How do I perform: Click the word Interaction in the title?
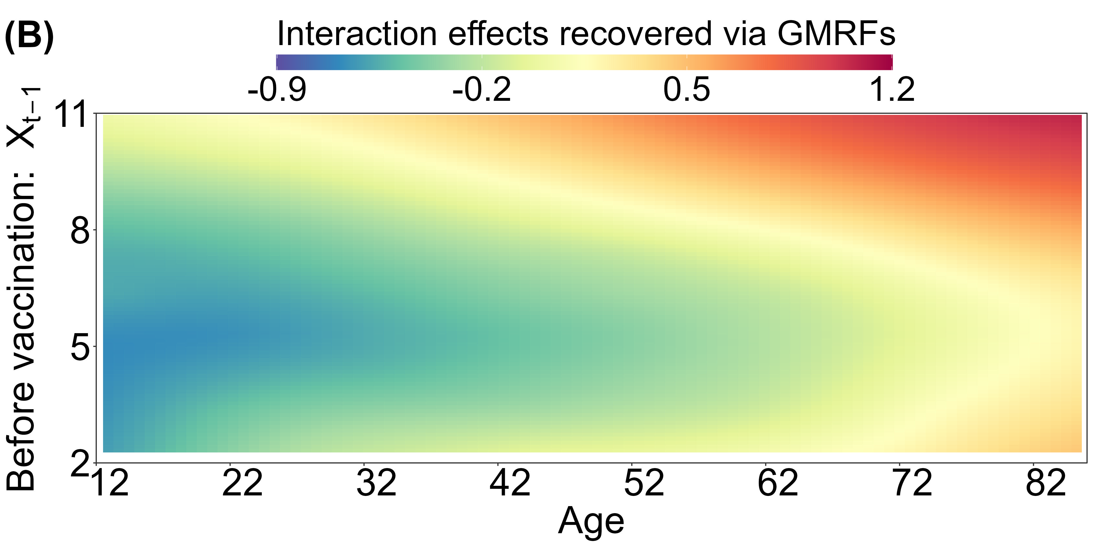[x=357, y=34]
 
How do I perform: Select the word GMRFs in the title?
[x=836, y=34]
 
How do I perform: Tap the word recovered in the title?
[x=635, y=34]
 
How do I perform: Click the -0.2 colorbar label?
[x=482, y=90]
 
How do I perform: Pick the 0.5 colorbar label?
[x=687, y=90]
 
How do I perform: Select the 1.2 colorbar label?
[x=892, y=90]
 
